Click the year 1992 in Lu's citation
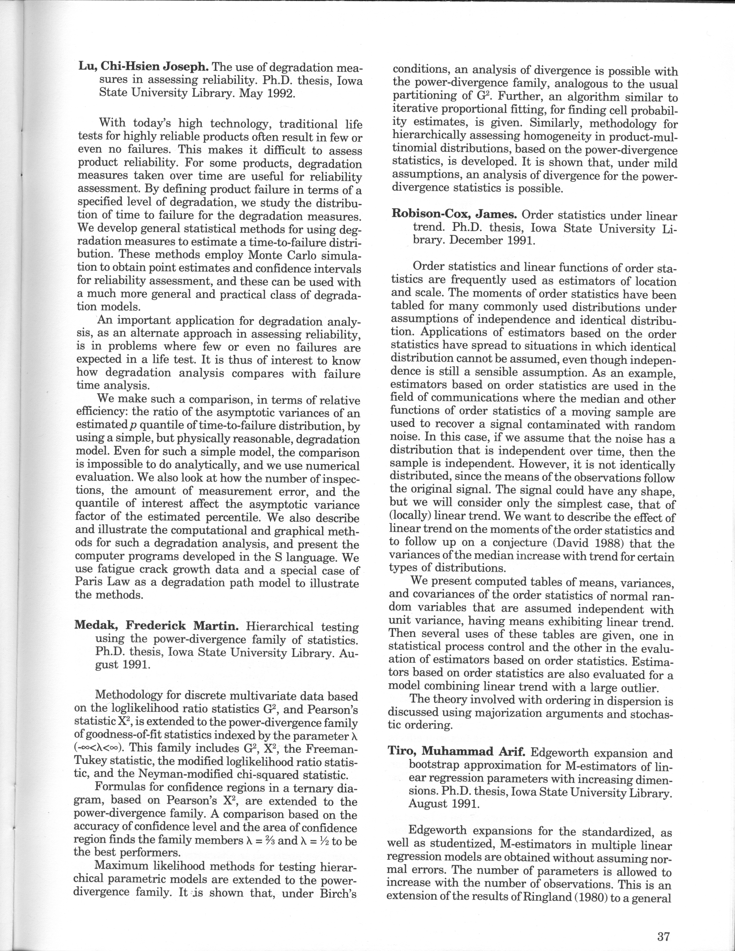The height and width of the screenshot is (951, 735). (x=280, y=94)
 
